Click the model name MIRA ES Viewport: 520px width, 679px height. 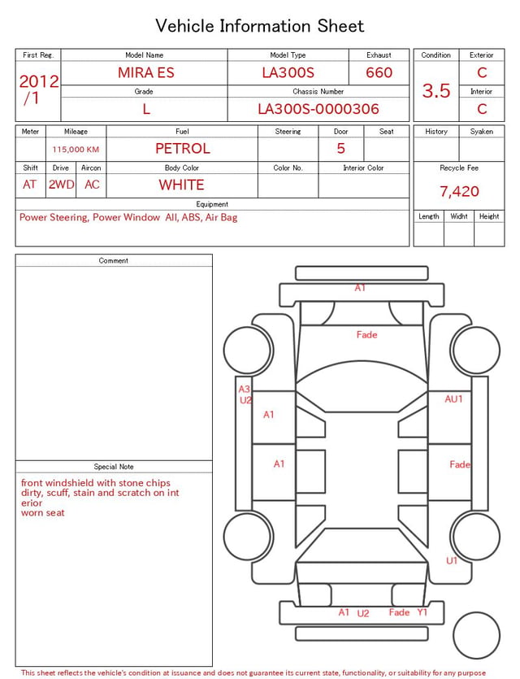[146, 72]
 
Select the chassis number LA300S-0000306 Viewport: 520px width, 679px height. [318, 109]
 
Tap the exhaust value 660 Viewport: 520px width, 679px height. [379, 72]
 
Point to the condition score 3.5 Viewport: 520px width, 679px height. [436, 91]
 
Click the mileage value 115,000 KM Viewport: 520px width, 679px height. [76, 150]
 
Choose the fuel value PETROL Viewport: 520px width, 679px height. [183, 149]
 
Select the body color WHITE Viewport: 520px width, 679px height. [181, 185]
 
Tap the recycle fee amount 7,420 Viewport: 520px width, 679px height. [459, 191]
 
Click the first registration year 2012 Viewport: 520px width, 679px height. [39, 81]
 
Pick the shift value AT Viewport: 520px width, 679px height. [29, 185]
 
